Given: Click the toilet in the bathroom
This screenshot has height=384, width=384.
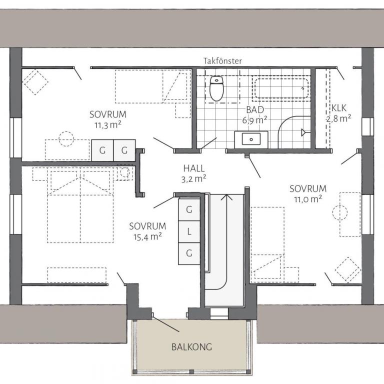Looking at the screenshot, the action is (216, 88).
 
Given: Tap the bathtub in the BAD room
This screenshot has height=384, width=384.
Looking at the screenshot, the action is (281, 88).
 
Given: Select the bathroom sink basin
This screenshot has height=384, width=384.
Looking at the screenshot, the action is (251, 139).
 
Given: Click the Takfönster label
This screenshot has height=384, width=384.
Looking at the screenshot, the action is (222, 61).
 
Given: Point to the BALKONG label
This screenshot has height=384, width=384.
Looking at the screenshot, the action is (191, 347).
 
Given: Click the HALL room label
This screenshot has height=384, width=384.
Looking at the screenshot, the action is (194, 168).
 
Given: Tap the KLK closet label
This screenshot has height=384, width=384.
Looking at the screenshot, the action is (339, 108).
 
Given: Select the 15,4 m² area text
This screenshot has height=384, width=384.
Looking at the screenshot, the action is (147, 237).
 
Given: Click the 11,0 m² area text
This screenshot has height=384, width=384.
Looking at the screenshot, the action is (308, 199).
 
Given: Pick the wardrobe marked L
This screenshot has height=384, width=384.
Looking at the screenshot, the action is (189, 231).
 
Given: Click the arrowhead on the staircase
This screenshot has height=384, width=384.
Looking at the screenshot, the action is (227, 197).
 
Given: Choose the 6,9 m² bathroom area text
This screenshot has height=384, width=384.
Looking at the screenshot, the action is (254, 120).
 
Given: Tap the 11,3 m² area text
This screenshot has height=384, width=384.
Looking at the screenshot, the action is (108, 125).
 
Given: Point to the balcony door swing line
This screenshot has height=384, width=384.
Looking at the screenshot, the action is (166, 324).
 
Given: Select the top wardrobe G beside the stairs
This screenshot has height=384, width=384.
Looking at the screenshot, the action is (189, 210).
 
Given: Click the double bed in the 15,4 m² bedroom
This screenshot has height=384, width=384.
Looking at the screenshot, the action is (80, 206).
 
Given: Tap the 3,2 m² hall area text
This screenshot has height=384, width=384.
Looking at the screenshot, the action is (193, 179).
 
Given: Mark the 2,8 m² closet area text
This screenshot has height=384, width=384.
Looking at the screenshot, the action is (338, 118).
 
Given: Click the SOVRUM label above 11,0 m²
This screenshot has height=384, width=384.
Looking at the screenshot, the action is (308, 189).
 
